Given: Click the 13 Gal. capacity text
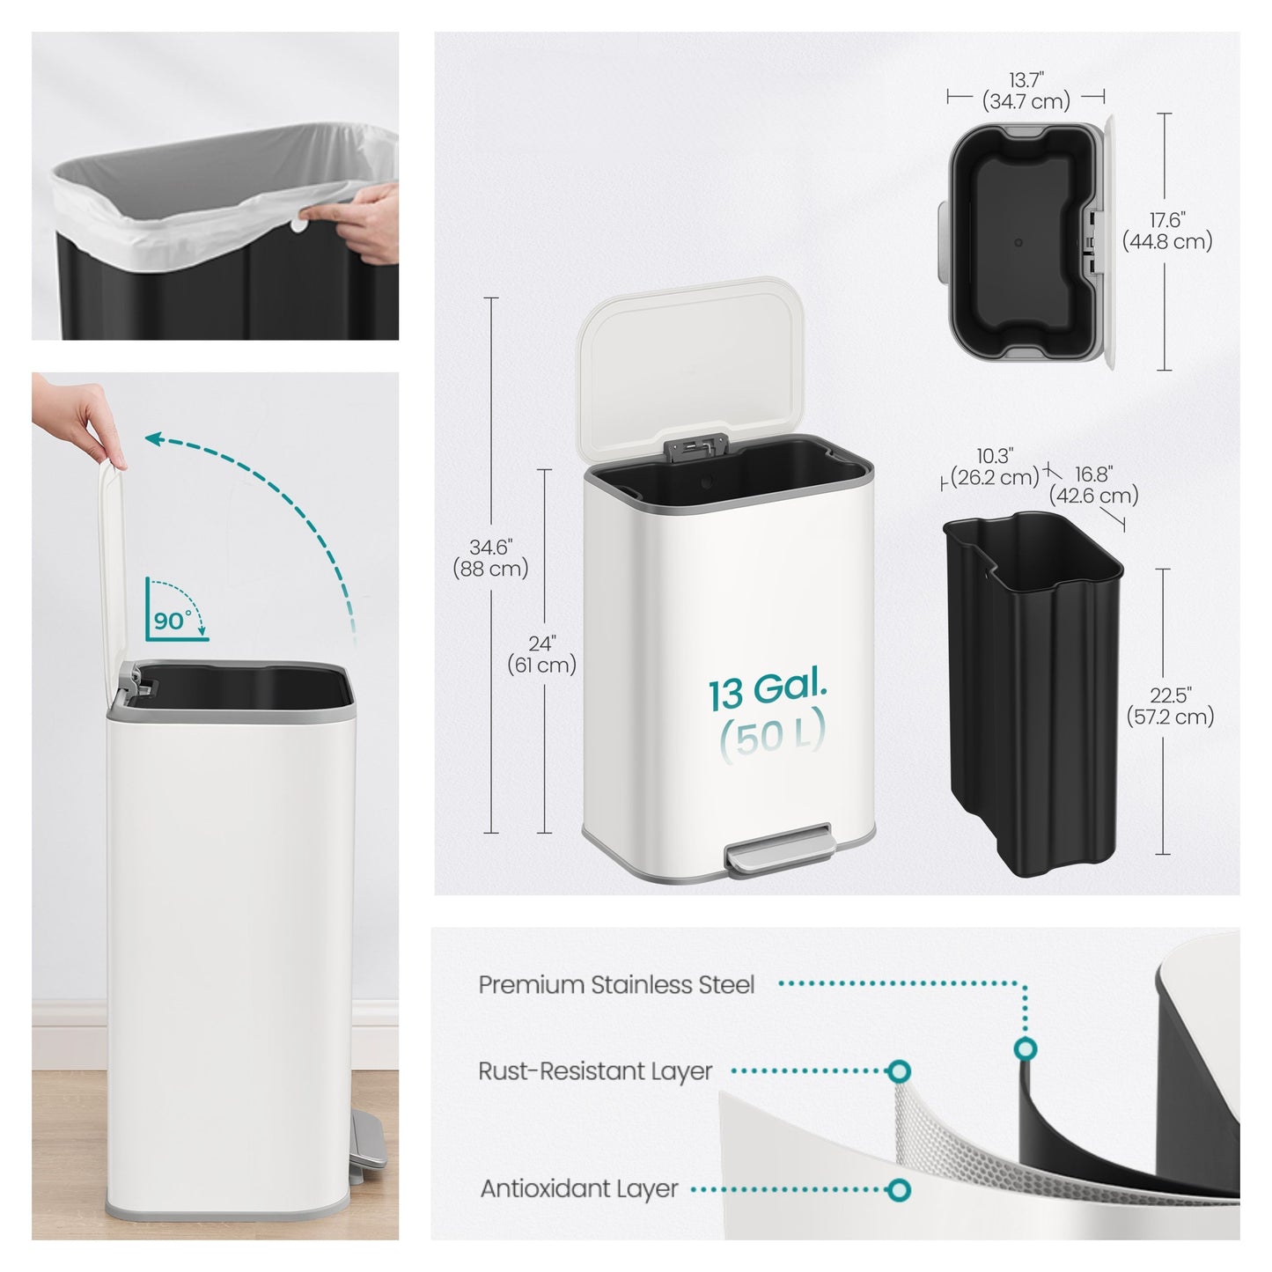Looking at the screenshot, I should tap(768, 691).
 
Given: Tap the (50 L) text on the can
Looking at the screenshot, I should tap(772, 734).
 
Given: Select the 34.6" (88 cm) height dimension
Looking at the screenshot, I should tap(490, 558).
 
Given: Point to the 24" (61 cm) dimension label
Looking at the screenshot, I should tap(542, 654).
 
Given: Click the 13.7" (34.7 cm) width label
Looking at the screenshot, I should tap(1026, 91).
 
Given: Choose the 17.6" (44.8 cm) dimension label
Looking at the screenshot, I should tap(1167, 231).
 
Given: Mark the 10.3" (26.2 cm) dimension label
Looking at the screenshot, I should tap(995, 467).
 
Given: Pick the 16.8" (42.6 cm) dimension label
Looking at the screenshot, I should tap(1093, 485).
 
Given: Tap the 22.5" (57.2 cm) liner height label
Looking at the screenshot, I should tap(1170, 706).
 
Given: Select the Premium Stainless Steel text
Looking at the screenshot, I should tap(616, 984).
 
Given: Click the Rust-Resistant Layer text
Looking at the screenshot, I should tap(595, 1071).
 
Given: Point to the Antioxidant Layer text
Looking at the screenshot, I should tap(579, 1188).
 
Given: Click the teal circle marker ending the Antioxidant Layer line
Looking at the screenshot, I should tap(899, 1190).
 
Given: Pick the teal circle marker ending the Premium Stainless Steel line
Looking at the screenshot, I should tap(1025, 1049).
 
